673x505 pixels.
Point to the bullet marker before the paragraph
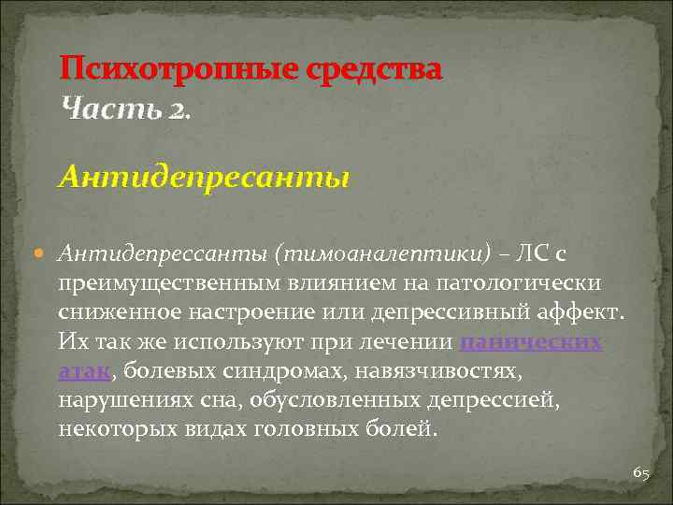44,252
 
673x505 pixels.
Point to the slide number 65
640,473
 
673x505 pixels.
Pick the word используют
222,341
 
